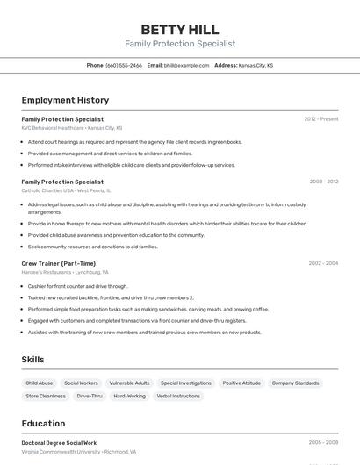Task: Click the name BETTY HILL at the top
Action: point(180,29)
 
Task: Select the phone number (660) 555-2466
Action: point(124,65)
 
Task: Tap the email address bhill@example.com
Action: point(180,65)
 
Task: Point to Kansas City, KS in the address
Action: point(256,65)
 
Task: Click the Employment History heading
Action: point(65,100)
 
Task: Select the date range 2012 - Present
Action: point(320,118)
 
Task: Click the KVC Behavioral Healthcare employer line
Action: point(72,128)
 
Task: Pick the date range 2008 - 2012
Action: point(323,182)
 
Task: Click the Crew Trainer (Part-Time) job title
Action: point(59,263)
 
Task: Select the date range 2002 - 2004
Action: point(323,263)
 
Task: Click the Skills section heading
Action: point(33,360)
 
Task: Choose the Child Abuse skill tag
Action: point(40,383)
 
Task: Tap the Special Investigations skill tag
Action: point(185,383)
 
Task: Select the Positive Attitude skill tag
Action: point(241,383)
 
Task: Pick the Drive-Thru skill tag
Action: point(90,396)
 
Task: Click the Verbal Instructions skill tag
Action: point(178,396)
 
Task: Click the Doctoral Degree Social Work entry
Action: point(59,443)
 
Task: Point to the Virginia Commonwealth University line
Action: point(78,452)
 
